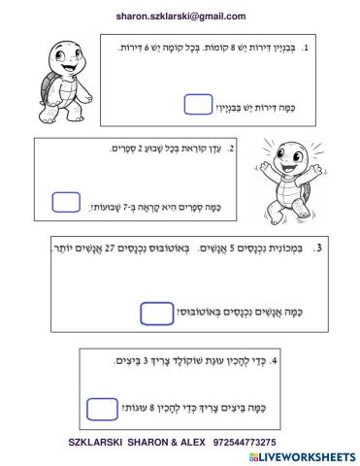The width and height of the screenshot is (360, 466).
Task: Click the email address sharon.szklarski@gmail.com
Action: point(180,17)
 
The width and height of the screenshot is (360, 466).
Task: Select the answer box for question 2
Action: point(66,202)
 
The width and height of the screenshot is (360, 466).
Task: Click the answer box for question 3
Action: point(155,313)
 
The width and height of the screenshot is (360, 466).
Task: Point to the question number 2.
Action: point(244,150)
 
